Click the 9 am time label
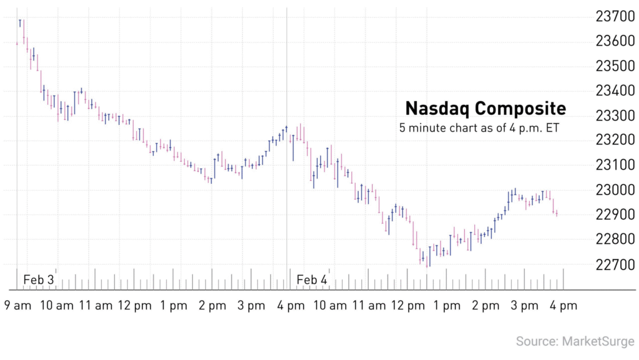tap(17, 306)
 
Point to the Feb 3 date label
tap(39, 280)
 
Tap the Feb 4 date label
tap(311, 280)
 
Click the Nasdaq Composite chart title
tap(485, 109)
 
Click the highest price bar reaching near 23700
tap(20, 23)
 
